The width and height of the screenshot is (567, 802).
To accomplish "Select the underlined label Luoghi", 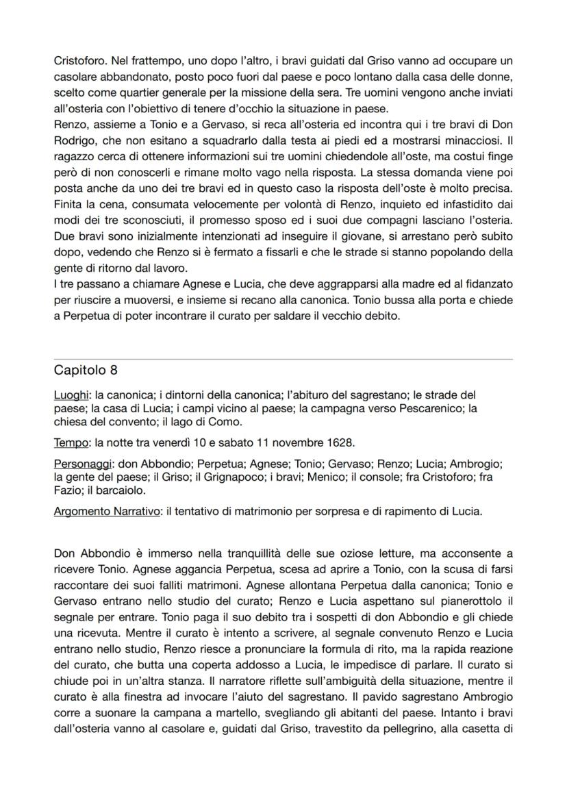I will click(x=71, y=395).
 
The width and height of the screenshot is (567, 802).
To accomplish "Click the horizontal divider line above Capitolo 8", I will click(x=283, y=359).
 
